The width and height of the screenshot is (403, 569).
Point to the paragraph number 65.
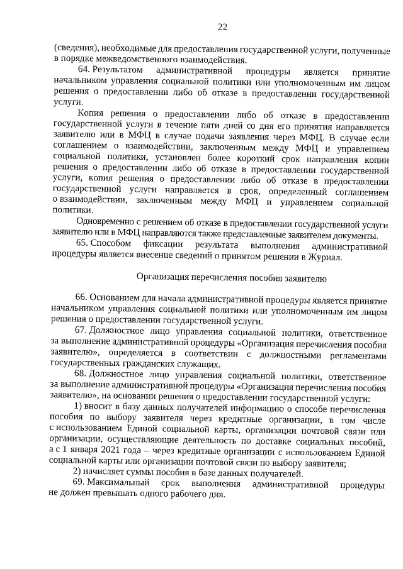[x=81, y=243]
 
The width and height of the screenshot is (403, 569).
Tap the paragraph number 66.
[x=81, y=297]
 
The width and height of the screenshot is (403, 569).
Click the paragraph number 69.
[x=81, y=483]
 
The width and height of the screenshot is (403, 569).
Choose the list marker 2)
[x=77, y=472]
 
